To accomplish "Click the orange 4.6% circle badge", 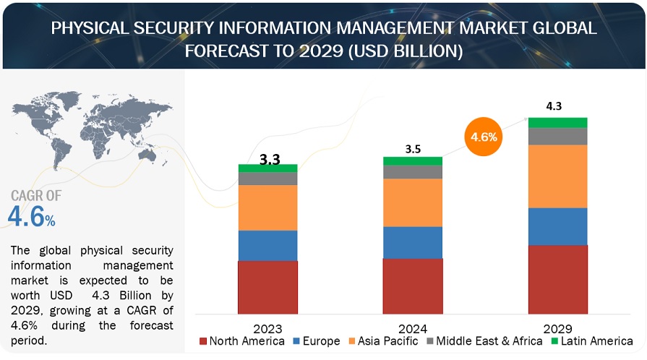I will pyautogui.click(x=483, y=136).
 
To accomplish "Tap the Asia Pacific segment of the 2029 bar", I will pyautogui.click(x=557, y=176).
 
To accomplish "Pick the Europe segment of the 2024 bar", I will pyautogui.click(x=413, y=242).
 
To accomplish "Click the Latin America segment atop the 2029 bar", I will pyautogui.click(x=557, y=123).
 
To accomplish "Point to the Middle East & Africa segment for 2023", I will pyautogui.click(x=267, y=179).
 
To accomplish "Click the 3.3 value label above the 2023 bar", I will pyautogui.click(x=270, y=159).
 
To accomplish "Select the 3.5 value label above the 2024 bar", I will pyautogui.click(x=413, y=150).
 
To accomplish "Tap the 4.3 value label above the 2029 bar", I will pyautogui.click(x=554, y=106).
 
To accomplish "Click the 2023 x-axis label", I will pyautogui.click(x=268, y=327).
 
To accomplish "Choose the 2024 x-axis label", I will pyautogui.click(x=413, y=327).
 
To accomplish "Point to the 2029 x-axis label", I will pyautogui.click(x=557, y=327).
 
